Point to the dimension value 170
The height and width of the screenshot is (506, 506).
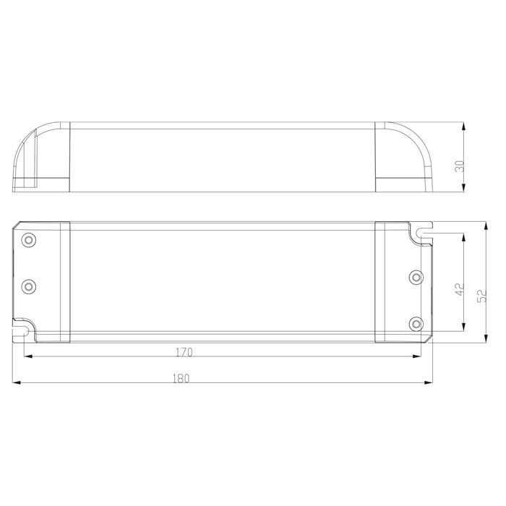184,353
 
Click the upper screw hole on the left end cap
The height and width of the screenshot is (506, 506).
29,239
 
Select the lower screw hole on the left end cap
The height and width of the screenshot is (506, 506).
29,286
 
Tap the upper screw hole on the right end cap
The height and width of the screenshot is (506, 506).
415,277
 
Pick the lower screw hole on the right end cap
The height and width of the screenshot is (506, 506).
415,323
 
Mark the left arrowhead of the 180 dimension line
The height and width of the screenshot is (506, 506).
17,383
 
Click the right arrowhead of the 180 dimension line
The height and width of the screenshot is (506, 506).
429,383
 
